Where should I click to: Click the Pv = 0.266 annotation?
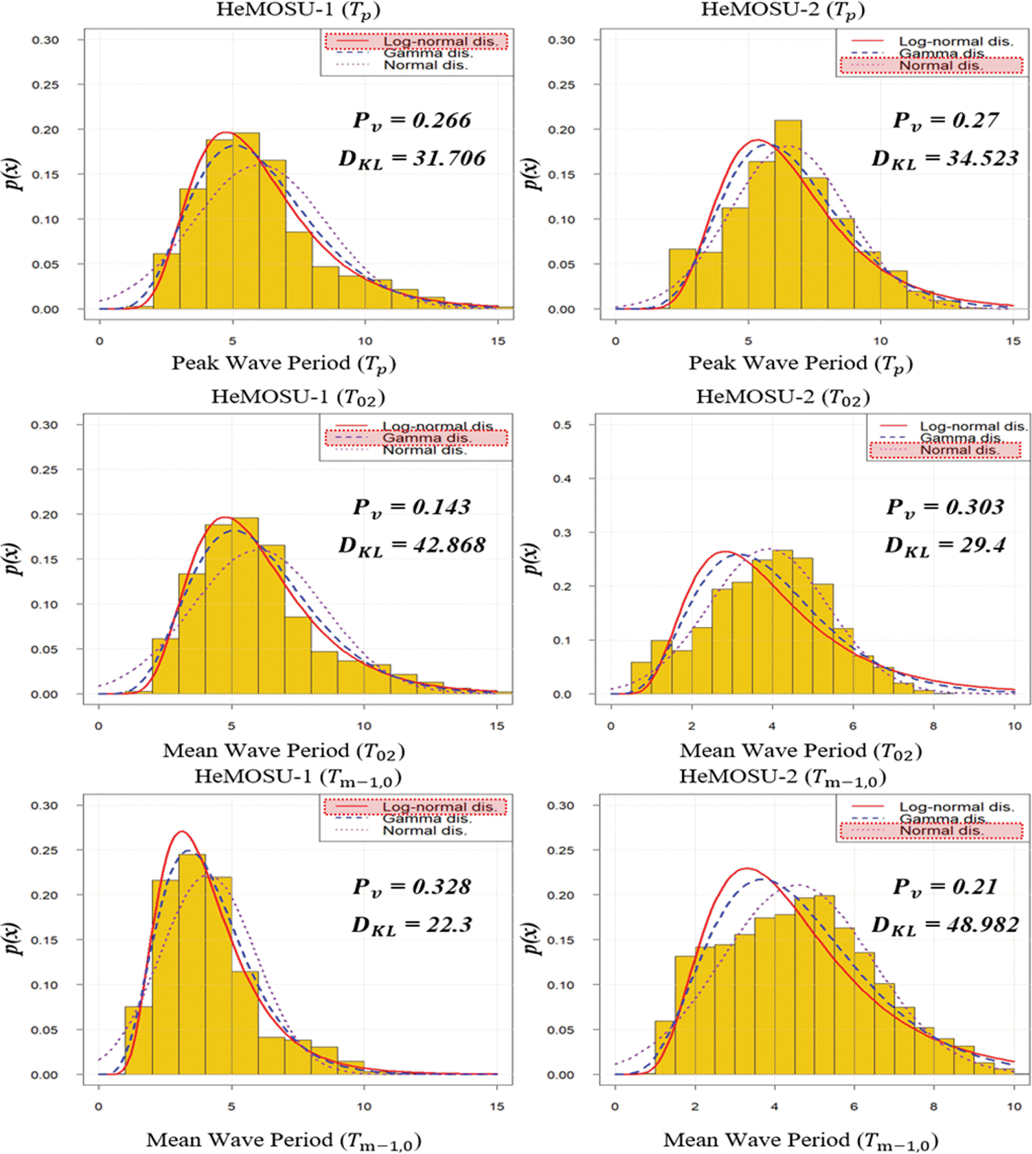(x=412, y=121)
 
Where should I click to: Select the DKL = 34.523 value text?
(x=945, y=159)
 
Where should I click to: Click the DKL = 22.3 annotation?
(x=412, y=926)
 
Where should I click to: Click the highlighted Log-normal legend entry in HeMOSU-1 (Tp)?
(x=415, y=41)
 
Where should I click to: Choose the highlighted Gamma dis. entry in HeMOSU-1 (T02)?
(x=415, y=438)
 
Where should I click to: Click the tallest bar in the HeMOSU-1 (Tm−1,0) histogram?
(x=192, y=964)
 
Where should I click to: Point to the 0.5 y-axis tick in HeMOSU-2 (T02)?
(x=562, y=425)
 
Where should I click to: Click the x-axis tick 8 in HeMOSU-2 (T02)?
(x=933, y=726)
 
